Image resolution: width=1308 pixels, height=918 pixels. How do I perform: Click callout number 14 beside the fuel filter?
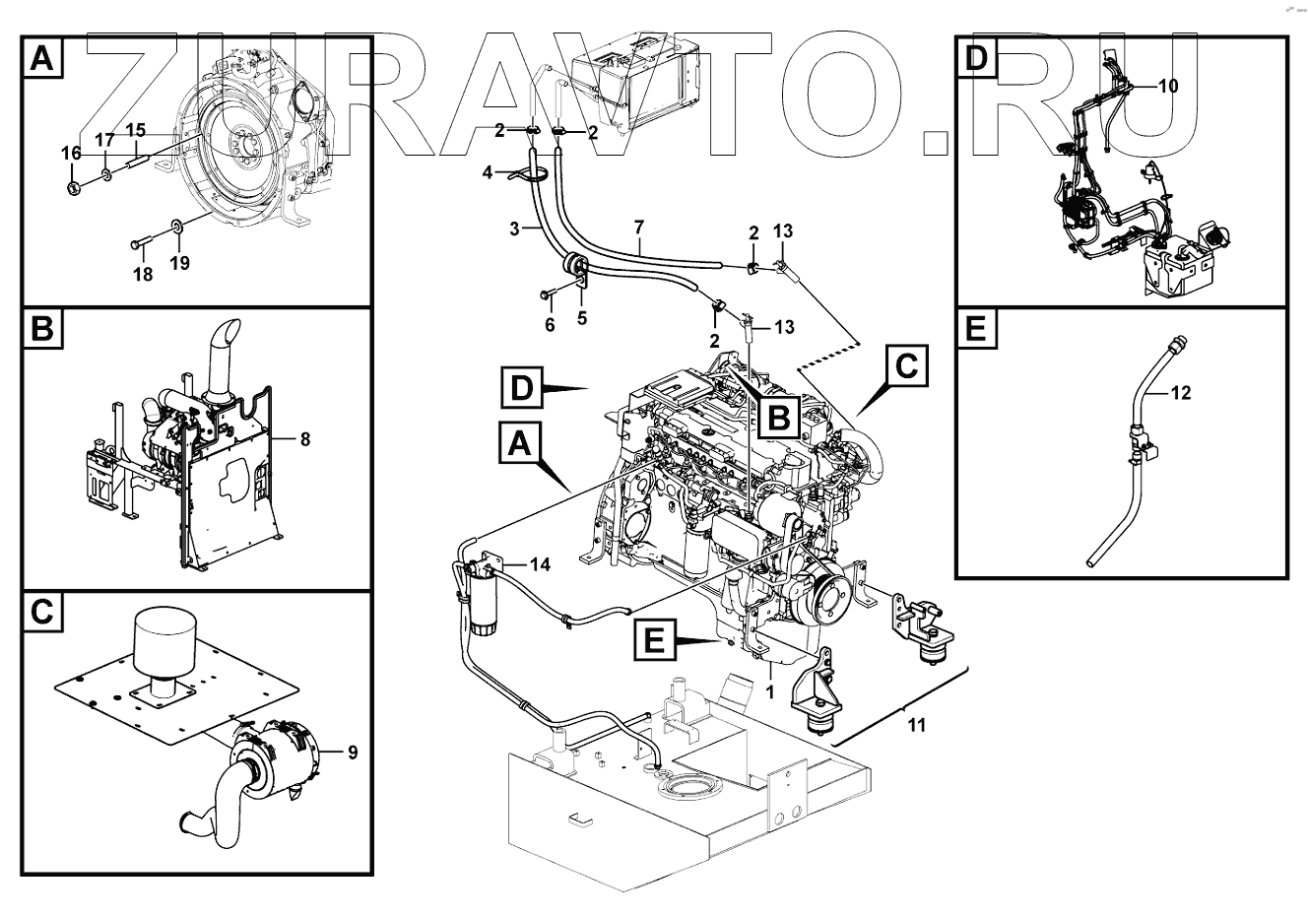[540, 565]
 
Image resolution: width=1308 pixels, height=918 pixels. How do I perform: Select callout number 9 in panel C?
[352, 753]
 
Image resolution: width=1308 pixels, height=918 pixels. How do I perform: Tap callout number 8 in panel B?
[305, 439]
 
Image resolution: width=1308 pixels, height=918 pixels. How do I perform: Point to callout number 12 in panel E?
[1181, 393]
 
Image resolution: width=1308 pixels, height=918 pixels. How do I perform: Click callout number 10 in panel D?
[1166, 86]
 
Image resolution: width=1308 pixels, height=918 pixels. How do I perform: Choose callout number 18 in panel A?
[144, 274]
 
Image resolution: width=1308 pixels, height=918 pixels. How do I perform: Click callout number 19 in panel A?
[179, 263]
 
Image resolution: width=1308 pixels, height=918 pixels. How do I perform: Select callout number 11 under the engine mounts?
[916, 726]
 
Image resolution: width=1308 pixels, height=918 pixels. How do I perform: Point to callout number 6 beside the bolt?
[550, 324]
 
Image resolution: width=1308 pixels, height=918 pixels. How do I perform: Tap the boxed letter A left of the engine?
[520, 445]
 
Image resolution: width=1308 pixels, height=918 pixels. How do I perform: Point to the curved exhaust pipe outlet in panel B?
[223, 345]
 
